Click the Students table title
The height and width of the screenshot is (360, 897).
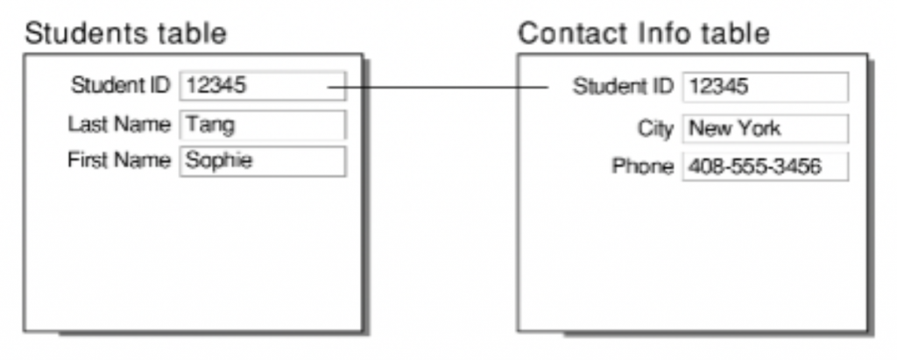click(x=125, y=33)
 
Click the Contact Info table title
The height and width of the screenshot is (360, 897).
click(x=644, y=33)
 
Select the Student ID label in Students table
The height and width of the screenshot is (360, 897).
click(x=121, y=86)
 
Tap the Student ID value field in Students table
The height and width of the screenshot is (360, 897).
click(x=262, y=86)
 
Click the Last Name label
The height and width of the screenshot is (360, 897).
click(x=119, y=124)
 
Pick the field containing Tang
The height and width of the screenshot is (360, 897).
click(x=262, y=124)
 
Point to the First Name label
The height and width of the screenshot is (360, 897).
click(x=119, y=161)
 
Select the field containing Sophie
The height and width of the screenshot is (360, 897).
click(x=262, y=161)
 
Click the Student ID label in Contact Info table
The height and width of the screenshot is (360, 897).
click(x=623, y=87)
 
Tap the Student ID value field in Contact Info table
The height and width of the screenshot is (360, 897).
click(x=765, y=87)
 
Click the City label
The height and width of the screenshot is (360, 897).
click(x=655, y=129)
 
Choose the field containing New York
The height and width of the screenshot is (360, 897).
click(x=765, y=129)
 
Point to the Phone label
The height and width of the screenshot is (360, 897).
click(x=643, y=166)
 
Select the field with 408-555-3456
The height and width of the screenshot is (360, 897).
click(x=765, y=166)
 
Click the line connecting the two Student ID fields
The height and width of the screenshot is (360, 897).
click(x=438, y=87)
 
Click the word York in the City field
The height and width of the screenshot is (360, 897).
click(x=759, y=129)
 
